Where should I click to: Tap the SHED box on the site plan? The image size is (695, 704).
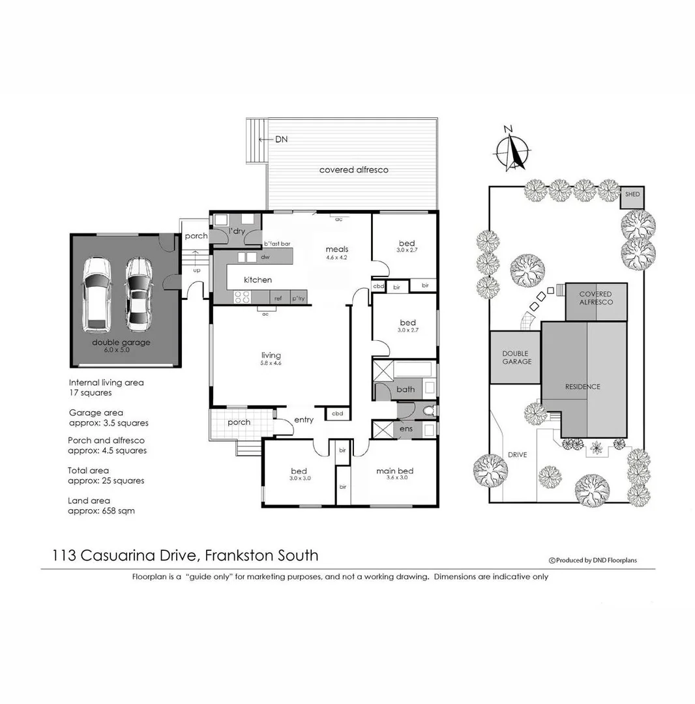point(632,195)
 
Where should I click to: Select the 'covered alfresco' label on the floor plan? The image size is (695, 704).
point(353,170)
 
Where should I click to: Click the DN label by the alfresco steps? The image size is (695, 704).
point(280,139)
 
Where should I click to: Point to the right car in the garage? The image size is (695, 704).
point(138,293)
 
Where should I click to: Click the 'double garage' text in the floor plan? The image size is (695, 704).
point(121,342)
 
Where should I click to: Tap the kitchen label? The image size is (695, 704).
point(258,280)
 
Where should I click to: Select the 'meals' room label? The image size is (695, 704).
point(337,249)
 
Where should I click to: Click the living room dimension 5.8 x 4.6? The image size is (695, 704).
point(271,363)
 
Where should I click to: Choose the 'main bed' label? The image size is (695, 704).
point(394,471)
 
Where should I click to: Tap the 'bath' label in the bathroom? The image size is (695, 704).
point(406,390)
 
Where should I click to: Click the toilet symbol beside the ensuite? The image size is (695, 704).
point(428,411)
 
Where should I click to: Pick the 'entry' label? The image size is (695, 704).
point(304,420)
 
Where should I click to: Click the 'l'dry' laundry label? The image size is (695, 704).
point(235,231)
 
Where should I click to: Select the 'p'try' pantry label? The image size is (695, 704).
point(298,299)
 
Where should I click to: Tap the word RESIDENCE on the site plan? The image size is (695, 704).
point(583,387)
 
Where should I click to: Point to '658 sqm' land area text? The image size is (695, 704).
point(119,511)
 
